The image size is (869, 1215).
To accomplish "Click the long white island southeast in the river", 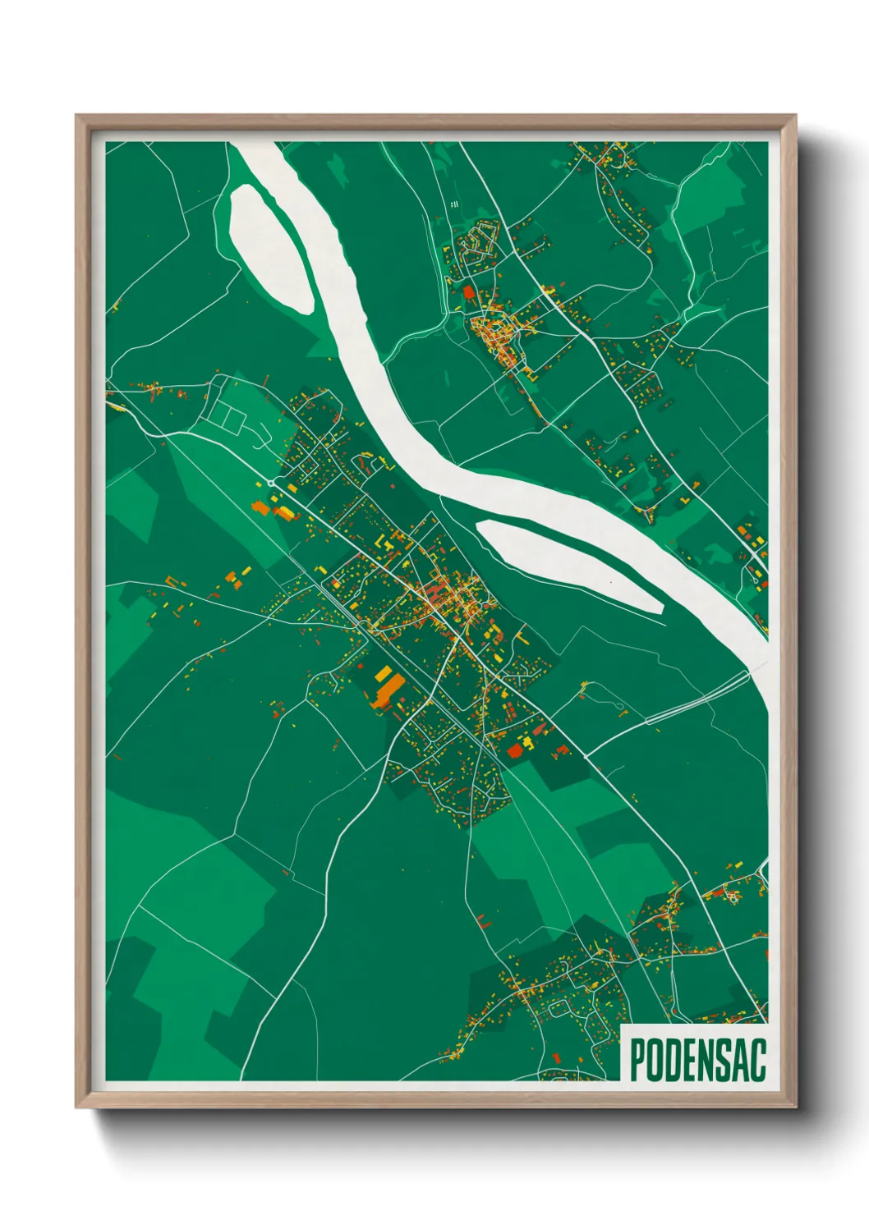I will tap(568, 565).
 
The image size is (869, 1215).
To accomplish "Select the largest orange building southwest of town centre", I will tap(386, 692).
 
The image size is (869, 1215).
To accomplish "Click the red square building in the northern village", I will tap(469, 292).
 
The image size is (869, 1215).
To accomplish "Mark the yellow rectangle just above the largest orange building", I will tap(384, 673).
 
